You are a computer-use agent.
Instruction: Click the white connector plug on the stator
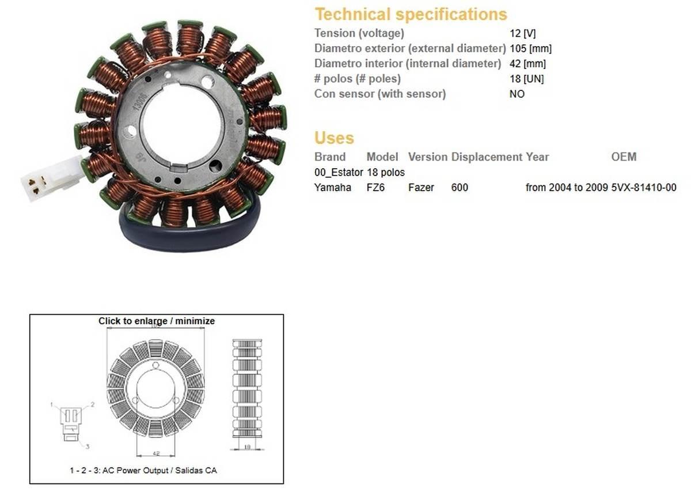tap(51, 179)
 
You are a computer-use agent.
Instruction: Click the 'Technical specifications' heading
tap(411, 14)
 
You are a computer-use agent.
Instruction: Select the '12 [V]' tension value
tap(522, 33)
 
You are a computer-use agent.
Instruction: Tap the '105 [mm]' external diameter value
tap(530, 48)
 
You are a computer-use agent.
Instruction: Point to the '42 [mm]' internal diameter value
tap(527, 63)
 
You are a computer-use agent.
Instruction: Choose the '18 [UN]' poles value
tap(526, 79)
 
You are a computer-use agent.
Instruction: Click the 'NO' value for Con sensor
tap(517, 94)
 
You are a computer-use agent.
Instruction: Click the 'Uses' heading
tap(334, 138)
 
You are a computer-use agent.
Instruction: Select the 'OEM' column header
tap(624, 157)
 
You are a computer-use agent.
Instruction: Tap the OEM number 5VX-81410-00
tap(644, 187)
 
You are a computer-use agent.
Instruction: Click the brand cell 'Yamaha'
tap(332, 187)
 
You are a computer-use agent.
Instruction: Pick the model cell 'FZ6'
tap(375, 187)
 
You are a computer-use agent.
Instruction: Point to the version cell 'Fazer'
tap(421, 187)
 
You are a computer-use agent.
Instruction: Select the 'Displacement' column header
tap(487, 157)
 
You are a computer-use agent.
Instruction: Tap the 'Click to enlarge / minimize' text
tap(156, 321)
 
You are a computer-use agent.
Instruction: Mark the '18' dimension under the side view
tap(246, 446)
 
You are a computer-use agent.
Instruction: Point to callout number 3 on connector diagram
tap(88, 446)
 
